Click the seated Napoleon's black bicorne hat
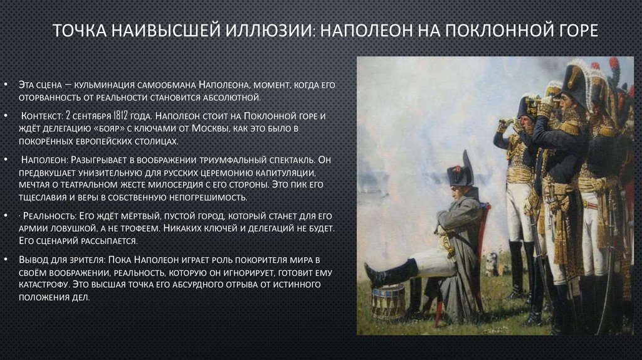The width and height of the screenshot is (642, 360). (x=460, y=171)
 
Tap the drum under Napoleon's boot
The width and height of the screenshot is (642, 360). (x=388, y=302)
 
